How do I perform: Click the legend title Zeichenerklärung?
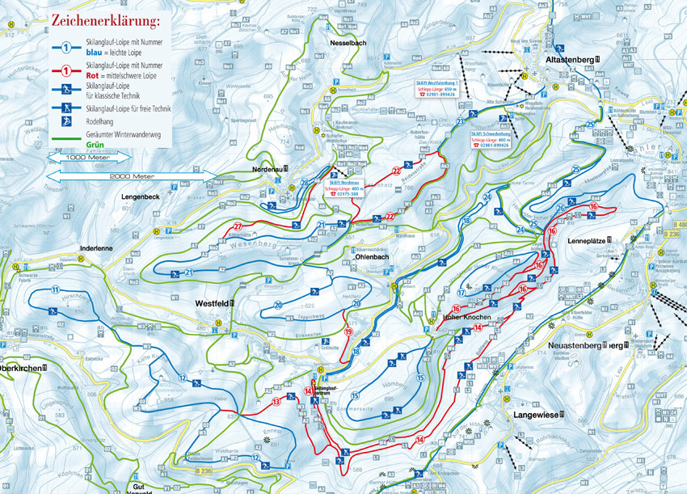(x=106, y=18)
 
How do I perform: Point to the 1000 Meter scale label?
(x=86, y=158)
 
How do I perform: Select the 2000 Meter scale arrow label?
(x=132, y=174)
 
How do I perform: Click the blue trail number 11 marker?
(x=55, y=289)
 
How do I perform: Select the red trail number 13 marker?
(x=276, y=401)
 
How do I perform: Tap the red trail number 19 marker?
(x=349, y=332)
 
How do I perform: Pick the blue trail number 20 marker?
(x=277, y=305)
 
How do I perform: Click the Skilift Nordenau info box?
(x=343, y=188)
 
